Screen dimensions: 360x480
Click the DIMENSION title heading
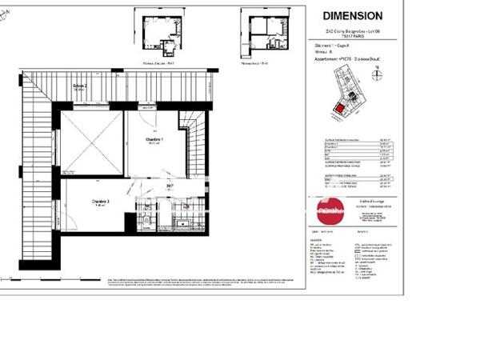tap(352, 15)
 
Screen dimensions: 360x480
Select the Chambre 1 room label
tap(154, 141)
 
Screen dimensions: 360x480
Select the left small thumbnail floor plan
tap(158, 35)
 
